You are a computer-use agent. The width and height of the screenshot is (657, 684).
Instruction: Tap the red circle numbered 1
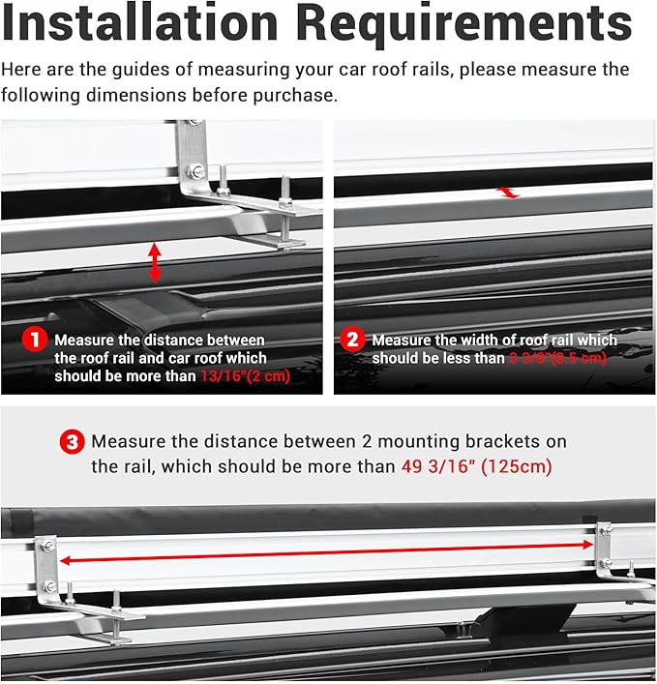pos(35,341)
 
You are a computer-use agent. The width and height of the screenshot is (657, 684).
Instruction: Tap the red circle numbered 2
pos(352,341)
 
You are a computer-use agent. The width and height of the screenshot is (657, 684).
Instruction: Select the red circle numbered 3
pos(72,443)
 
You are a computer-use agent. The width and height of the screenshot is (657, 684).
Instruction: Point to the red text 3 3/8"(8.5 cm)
pos(559,359)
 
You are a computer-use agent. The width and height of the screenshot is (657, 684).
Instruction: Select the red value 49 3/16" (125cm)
pos(476,466)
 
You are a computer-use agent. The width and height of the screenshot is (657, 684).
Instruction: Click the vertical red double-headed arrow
pos(155,263)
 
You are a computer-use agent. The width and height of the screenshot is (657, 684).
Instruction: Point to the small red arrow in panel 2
pos(508,193)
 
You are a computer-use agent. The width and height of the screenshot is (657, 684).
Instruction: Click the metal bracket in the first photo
pos(194,155)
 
